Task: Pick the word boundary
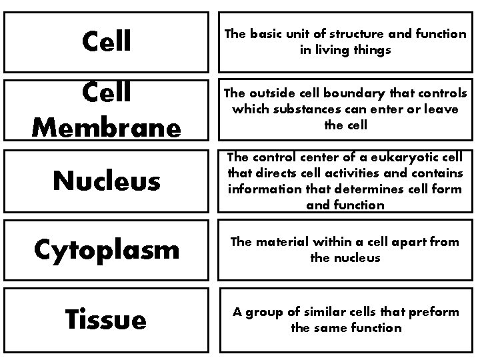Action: [x=355, y=93]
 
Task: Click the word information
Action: [x=262, y=189]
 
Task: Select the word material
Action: [x=275, y=243]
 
